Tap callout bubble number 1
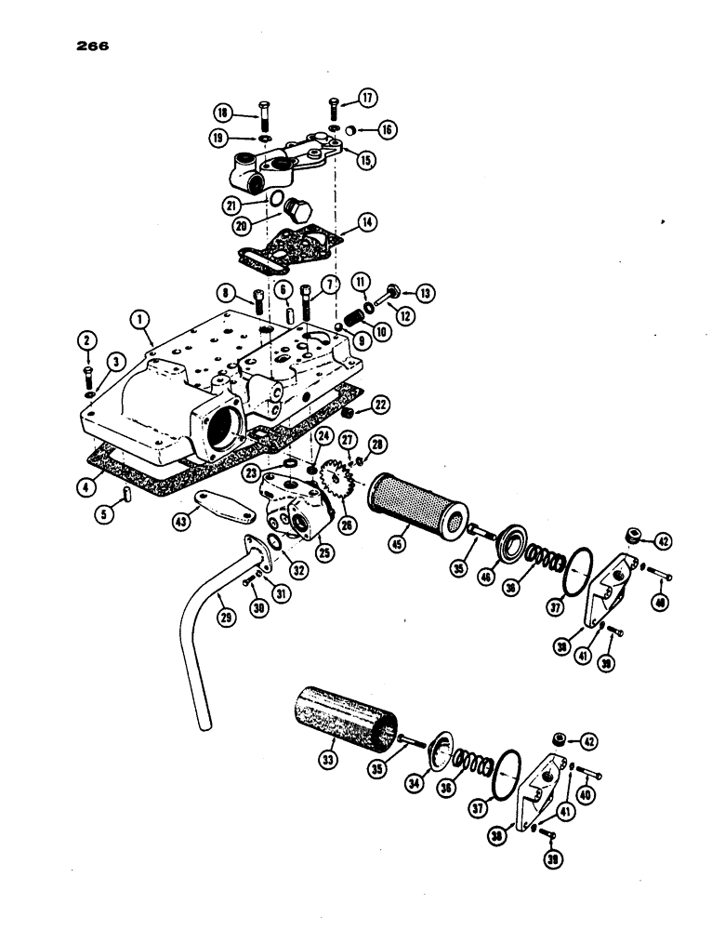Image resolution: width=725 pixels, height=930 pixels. tap(140, 320)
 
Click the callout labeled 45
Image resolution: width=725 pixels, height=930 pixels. tap(403, 561)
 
